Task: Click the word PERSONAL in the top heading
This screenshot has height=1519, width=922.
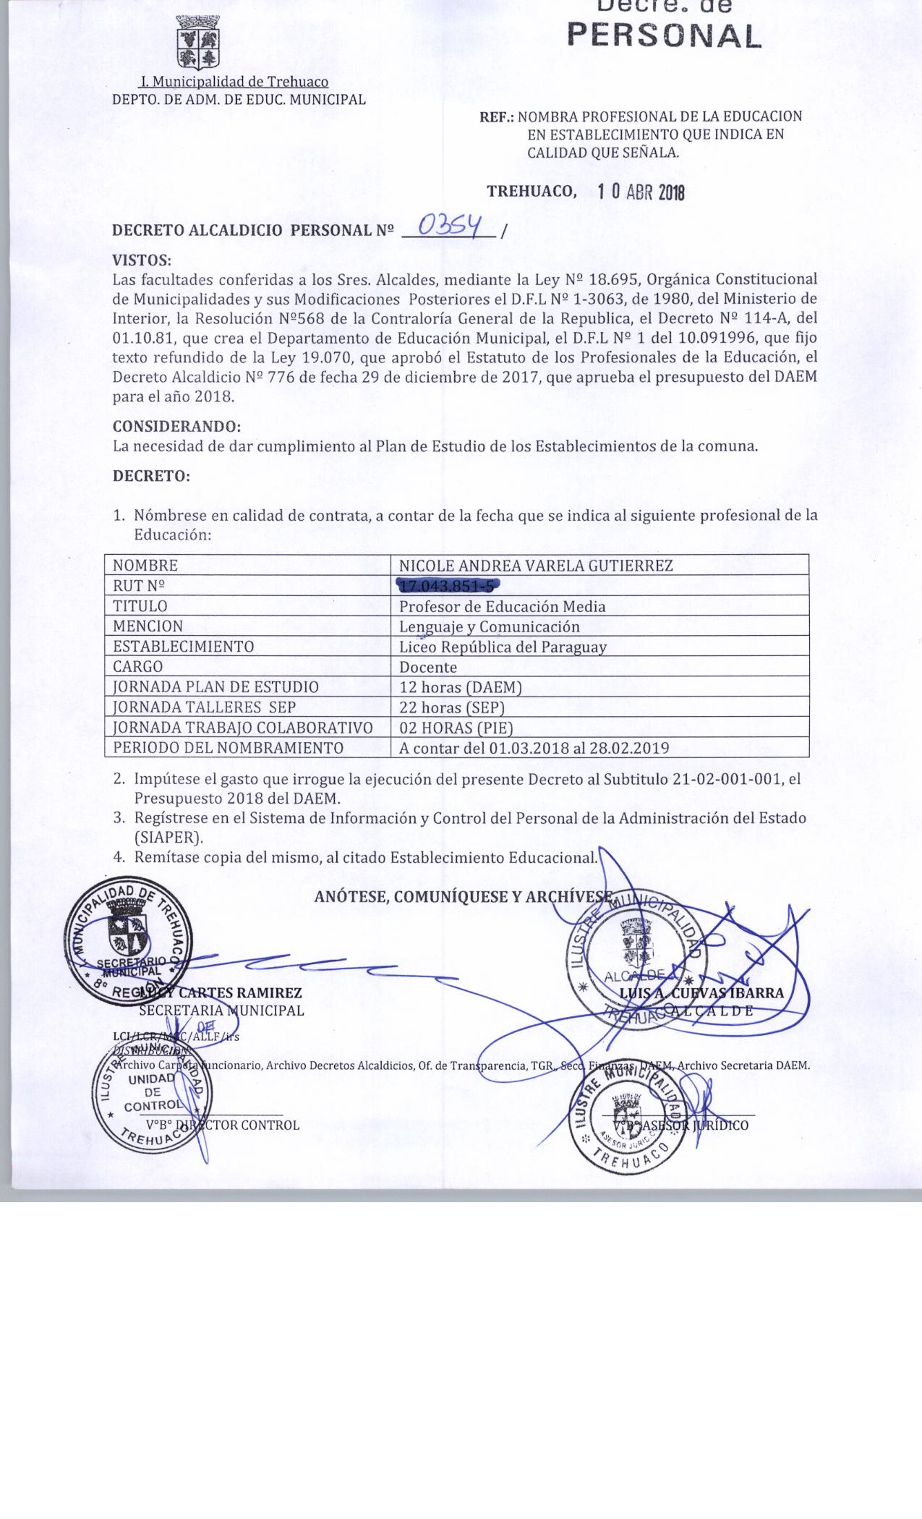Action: pos(665,35)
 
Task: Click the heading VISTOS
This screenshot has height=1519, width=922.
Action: pos(142,260)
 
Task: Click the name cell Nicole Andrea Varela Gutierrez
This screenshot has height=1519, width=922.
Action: pos(536,566)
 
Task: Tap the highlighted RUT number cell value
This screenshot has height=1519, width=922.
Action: pos(448,587)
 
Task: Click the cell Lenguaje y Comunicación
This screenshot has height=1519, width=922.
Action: pos(490,626)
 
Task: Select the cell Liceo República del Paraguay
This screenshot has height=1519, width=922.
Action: pos(503,647)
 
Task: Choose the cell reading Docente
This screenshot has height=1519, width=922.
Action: pos(428,667)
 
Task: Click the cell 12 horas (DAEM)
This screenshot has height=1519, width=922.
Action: pos(461,687)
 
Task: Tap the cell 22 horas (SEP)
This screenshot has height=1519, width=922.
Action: pos(452,707)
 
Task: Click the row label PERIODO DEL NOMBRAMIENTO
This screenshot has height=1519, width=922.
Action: pos(229,748)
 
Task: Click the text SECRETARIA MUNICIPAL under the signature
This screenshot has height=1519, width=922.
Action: pos(221,1010)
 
